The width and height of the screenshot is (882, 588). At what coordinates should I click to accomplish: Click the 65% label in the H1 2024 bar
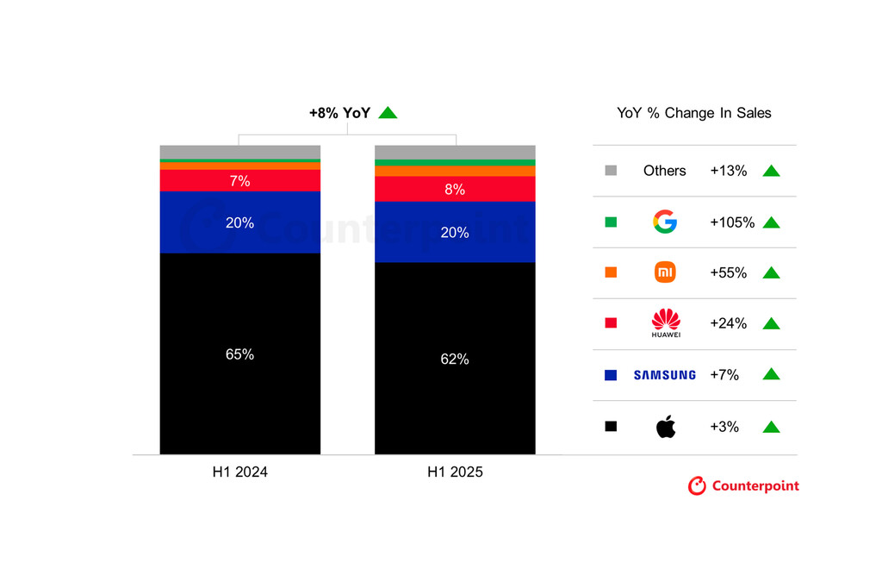coord(239,354)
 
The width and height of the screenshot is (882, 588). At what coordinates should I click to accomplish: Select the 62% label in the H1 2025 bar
coord(454,360)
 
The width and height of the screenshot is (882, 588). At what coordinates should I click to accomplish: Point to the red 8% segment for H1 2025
coord(454,189)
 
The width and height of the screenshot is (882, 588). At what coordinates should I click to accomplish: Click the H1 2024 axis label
coord(239,472)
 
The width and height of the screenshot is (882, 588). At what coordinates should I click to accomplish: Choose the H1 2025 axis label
coord(455,472)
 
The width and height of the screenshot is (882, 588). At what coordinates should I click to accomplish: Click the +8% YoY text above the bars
coord(339,112)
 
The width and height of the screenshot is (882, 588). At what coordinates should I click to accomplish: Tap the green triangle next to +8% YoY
coord(388,112)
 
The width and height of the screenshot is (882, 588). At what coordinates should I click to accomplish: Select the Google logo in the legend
coord(665,222)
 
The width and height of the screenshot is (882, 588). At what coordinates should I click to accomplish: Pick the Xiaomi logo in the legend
coord(665,272)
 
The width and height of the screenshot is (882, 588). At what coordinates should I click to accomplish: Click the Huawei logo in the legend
coord(665,323)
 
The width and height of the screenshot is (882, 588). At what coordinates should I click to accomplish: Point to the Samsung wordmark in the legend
coord(664,375)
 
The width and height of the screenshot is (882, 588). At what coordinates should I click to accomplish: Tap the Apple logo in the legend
coord(665,426)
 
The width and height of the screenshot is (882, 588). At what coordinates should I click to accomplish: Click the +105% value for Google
coord(732,222)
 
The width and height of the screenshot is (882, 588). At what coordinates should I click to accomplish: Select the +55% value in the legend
coord(728,272)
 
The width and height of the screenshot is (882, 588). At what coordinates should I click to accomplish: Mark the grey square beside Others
coord(611,171)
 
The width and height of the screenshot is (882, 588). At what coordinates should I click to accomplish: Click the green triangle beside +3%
coord(771,426)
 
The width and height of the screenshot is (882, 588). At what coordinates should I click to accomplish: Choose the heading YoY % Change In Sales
coord(694,113)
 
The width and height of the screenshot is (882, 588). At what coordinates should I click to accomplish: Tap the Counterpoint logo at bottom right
coord(743,486)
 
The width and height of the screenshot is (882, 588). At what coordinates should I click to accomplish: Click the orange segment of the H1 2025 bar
coord(454,171)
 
